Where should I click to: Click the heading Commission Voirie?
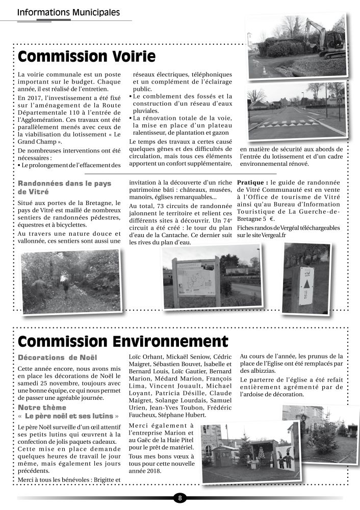[x=86, y=56]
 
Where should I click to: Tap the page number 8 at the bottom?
[x=180, y=498]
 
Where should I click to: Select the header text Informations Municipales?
[x=68, y=12]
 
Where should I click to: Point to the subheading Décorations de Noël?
[x=57, y=358]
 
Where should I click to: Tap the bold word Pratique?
[x=252, y=182]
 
